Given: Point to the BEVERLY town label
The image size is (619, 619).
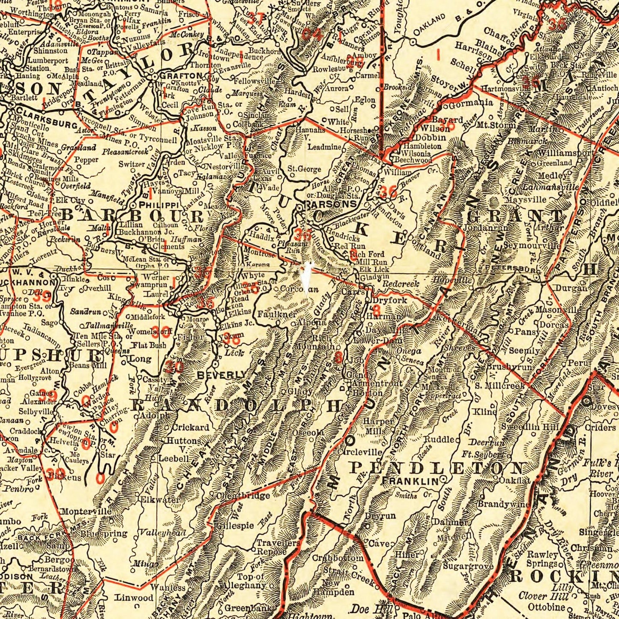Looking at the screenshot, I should tap(222, 375).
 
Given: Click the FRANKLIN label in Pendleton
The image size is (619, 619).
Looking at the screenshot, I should tap(411, 481).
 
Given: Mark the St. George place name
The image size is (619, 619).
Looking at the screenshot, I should tap(304, 169).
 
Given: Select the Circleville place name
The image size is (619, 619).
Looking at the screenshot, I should tap(360, 452).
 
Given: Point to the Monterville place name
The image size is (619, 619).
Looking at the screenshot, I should tap(86, 511).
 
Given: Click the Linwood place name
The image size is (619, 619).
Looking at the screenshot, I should tap(134, 597).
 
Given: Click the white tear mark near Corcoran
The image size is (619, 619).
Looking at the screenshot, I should tap(305, 277).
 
